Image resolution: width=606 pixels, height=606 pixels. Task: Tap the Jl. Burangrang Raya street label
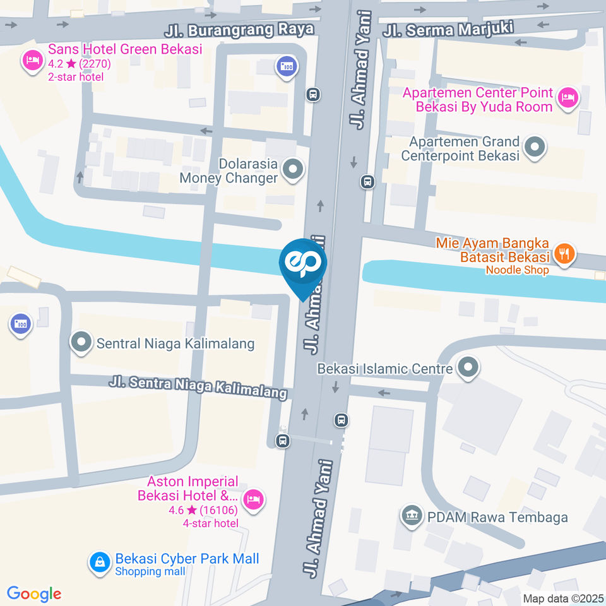tap(228, 30)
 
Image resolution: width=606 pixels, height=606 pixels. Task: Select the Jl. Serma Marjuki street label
tap(449, 28)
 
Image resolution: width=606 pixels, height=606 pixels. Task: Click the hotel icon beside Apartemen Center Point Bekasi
tap(568, 97)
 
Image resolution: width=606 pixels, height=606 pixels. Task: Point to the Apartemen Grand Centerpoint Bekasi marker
tap(535, 148)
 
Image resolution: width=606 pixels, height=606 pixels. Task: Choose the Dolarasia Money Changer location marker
tap(292, 169)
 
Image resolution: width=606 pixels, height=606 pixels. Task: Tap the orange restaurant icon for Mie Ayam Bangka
tap(564, 254)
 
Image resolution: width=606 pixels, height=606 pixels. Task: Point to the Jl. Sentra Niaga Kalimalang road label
tap(198, 387)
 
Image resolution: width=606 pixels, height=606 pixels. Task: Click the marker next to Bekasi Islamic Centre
tap(468, 367)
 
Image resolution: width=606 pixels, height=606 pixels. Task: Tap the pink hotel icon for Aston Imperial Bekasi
tap(254, 499)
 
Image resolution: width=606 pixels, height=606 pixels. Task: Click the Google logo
tap(34, 594)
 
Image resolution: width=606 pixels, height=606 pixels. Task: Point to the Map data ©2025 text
tap(562, 598)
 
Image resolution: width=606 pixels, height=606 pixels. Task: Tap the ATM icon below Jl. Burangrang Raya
tap(287, 66)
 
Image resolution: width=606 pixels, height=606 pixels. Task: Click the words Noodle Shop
tap(517, 270)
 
